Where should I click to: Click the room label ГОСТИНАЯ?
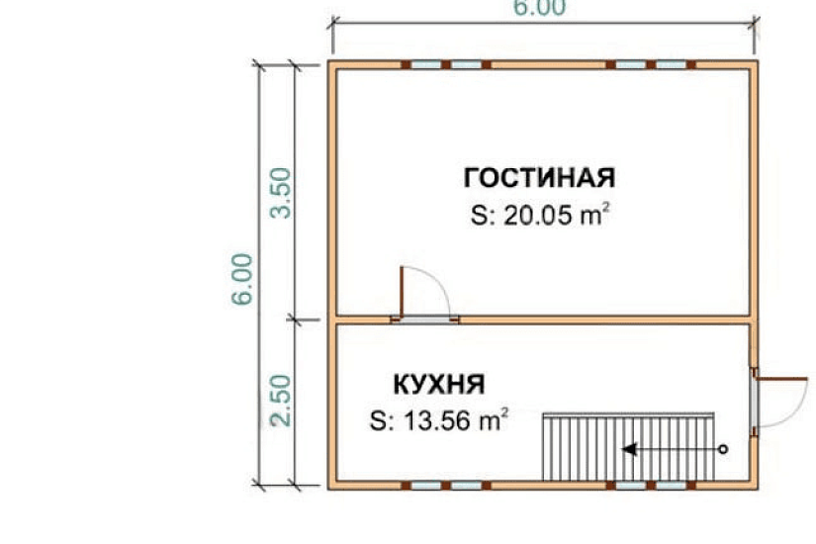pos(539,178)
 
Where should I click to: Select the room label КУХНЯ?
pos(439,383)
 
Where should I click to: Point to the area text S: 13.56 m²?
pos(439,421)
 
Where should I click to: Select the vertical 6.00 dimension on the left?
pos(246,279)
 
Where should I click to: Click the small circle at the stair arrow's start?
pos(723,449)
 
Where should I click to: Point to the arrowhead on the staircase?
pos(627,449)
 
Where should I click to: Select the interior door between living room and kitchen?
pos(424,317)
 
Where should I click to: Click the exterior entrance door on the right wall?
pos(755,402)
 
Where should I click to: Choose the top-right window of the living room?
pos(652,64)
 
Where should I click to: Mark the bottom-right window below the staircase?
pos(652,486)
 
